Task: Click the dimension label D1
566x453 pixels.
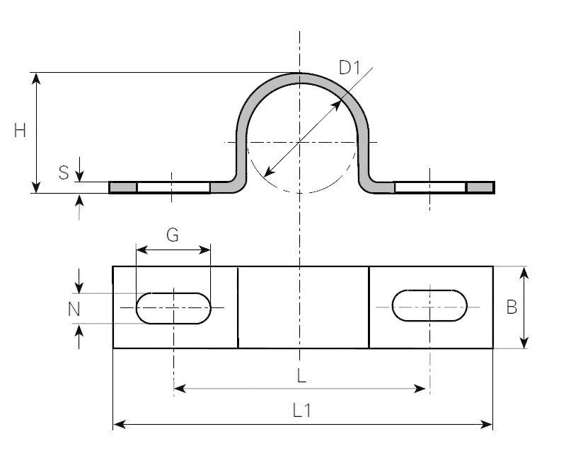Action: [x=350, y=69]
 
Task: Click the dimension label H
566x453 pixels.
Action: [x=20, y=131]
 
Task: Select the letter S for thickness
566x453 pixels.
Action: [x=64, y=172]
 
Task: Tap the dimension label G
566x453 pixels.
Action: [x=173, y=235]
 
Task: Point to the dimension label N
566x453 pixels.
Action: [x=74, y=309]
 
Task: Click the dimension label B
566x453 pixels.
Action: [x=512, y=307]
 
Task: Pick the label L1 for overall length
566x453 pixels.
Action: [x=302, y=411]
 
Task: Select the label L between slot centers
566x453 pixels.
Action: [x=301, y=376]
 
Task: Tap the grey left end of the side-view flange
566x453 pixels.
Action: [x=122, y=187]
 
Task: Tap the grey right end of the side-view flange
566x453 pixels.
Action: [x=480, y=187]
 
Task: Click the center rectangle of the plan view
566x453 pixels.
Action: [x=303, y=307]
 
